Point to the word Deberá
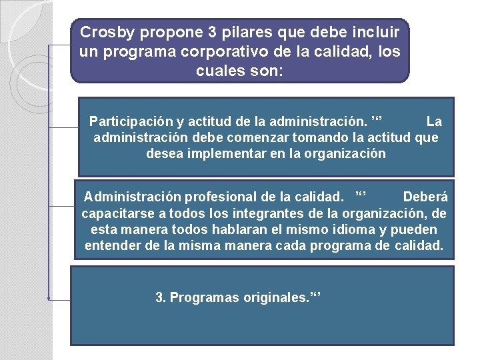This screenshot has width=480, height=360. tap(425, 197)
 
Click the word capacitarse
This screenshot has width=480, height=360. tap(114, 213)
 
